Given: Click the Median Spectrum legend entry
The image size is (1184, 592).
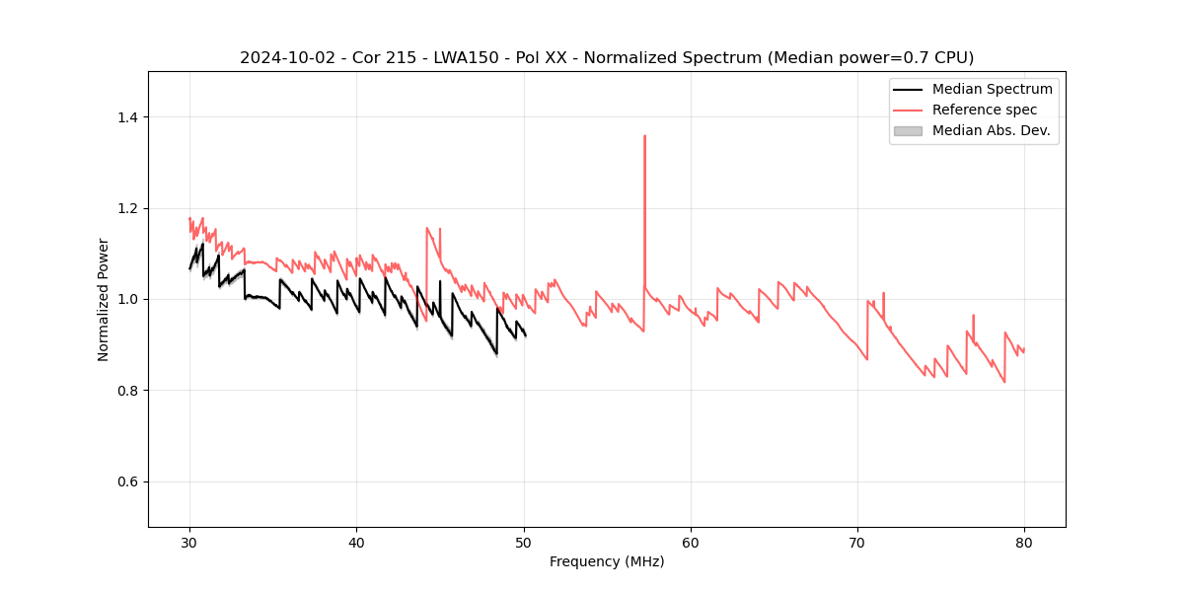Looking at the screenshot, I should click(x=992, y=89).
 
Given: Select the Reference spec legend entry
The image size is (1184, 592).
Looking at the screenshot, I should click(x=985, y=110).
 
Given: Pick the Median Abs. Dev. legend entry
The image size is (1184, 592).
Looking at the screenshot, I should click(x=991, y=130).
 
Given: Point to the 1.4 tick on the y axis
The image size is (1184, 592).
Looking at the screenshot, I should click(x=128, y=117).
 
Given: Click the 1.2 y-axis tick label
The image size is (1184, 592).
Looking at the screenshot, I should click(x=128, y=208).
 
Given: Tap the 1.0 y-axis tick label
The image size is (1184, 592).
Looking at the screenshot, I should click(x=128, y=299).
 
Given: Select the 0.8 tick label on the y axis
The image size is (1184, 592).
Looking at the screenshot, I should click(x=128, y=391).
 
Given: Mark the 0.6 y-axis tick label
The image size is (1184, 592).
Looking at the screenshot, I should click(x=128, y=481).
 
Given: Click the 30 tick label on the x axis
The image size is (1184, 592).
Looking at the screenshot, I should click(x=189, y=542).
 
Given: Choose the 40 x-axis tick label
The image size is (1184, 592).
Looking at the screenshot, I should click(x=356, y=542).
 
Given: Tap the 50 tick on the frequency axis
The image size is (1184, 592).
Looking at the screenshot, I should click(x=524, y=542).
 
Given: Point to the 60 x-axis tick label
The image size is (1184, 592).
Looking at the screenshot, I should click(x=691, y=542).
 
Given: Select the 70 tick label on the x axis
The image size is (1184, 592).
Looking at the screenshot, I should click(x=857, y=542).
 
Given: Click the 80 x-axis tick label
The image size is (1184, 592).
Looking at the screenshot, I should click(x=1024, y=542).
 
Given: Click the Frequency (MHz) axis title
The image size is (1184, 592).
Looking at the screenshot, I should click(x=607, y=561).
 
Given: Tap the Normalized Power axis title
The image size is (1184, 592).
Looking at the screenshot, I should click(x=104, y=299).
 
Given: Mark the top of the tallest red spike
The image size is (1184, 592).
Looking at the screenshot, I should click(x=644, y=136).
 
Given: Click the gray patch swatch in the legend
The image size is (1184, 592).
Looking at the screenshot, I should click(x=908, y=130).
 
